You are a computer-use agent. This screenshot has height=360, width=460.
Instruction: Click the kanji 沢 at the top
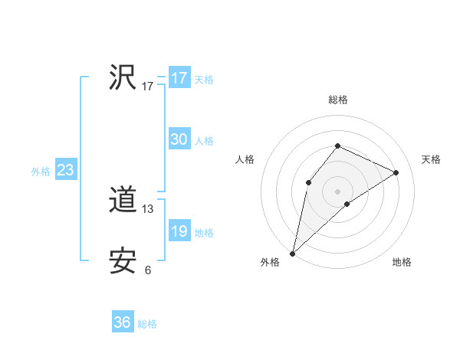coord(123,78)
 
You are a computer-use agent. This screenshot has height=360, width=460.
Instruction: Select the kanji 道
coord(123,201)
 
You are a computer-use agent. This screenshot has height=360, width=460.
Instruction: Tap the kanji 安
coord(123,262)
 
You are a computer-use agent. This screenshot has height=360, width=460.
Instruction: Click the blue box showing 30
coord(179,139)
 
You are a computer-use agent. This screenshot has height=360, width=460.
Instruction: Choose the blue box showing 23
coord(65,170)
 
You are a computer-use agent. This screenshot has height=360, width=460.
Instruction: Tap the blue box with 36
coord(123,322)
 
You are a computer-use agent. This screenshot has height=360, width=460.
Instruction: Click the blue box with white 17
coord(179,78)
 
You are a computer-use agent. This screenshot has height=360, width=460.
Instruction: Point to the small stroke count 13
coord(148,208)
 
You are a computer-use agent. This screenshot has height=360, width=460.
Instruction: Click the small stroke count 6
coord(148,270)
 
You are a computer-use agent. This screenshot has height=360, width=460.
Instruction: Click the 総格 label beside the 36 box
coord(147,324)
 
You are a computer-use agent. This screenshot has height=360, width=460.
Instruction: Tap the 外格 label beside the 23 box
coord(41,172)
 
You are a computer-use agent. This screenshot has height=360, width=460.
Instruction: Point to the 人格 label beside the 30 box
coord(204,141)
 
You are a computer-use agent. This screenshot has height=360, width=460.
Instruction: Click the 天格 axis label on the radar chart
coord(431,159)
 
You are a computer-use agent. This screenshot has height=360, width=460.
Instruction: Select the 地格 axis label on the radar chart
coord(402,262)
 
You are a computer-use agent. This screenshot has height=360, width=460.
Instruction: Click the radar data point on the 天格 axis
coord(396,172)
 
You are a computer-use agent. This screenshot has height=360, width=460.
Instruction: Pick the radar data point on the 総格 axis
coord(337,146)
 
